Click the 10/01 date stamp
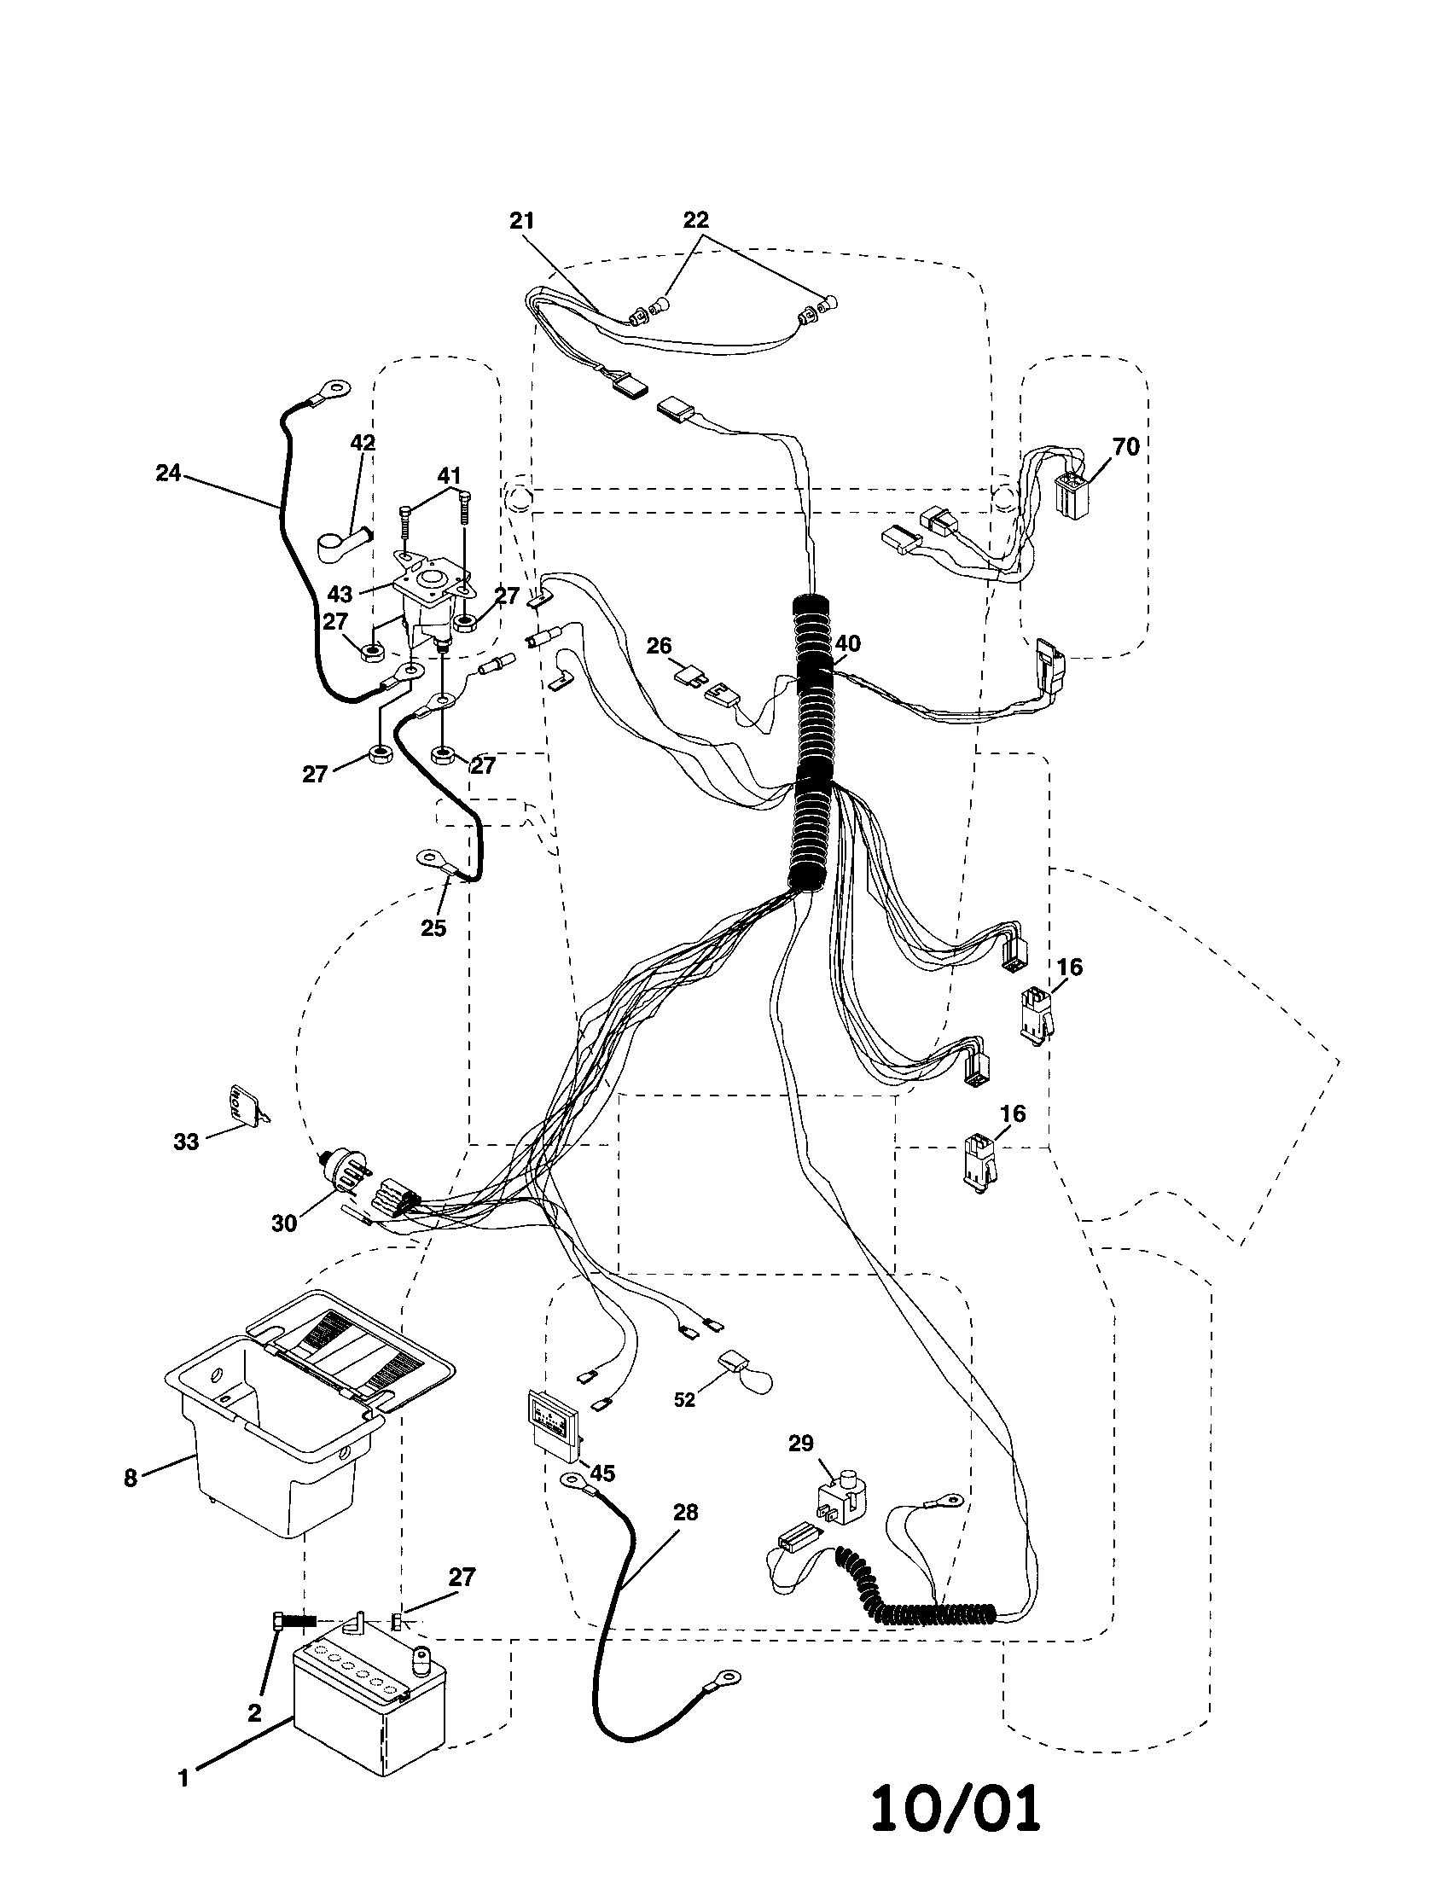pos(956,1807)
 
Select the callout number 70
pos(1124,446)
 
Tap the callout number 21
pos(521,221)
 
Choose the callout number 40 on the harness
pos(847,643)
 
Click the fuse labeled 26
pos(690,677)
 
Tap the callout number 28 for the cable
pos(685,1512)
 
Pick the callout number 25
pos(433,927)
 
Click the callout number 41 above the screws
pos(450,475)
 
